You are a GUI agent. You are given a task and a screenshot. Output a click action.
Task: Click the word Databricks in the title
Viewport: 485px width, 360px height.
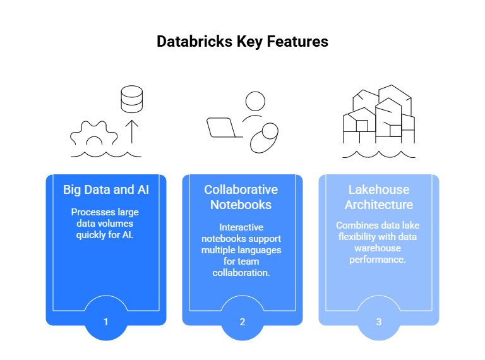(195, 42)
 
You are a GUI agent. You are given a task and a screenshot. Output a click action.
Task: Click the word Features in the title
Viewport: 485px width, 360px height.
(297, 42)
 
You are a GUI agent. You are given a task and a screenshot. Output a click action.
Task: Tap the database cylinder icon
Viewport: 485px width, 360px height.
(132, 99)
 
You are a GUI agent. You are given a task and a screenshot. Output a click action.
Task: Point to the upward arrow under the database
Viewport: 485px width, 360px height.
(132, 132)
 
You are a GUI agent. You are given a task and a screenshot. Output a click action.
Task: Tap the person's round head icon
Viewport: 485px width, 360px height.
(255, 101)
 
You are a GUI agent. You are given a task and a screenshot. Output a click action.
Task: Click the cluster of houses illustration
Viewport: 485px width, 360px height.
(379, 114)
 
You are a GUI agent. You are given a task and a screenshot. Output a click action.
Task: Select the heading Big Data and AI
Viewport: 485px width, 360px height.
(106, 189)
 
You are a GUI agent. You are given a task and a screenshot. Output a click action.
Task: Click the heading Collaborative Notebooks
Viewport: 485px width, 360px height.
(241, 197)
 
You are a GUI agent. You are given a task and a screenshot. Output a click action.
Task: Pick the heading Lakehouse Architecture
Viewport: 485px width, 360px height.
(379, 197)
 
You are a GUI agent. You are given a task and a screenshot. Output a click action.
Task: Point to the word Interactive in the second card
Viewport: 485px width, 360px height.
(241, 227)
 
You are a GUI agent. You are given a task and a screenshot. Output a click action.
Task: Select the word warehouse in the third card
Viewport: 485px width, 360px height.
(378, 248)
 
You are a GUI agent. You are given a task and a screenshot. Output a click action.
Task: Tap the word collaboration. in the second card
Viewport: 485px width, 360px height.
(241, 273)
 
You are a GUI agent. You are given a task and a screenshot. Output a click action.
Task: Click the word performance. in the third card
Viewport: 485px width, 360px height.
(378, 260)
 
